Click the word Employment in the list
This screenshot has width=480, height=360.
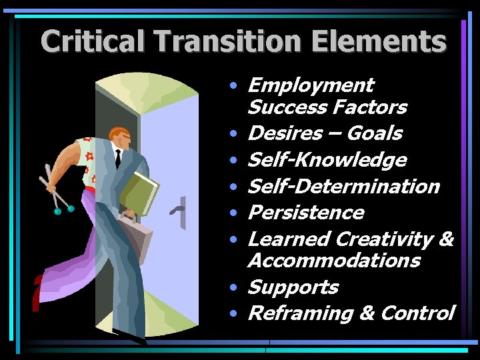click(x=310, y=86)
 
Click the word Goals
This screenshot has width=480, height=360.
click(x=375, y=133)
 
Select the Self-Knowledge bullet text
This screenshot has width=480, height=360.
click(x=327, y=160)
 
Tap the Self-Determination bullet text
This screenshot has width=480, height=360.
click(x=343, y=186)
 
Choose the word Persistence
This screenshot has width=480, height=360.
click(x=305, y=213)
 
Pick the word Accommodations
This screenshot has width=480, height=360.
click(x=333, y=260)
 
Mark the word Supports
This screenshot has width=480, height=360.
click(x=293, y=287)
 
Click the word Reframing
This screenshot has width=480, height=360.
click(x=297, y=313)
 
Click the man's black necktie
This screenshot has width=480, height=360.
click(x=118, y=158)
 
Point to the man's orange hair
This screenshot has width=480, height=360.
click(x=117, y=132)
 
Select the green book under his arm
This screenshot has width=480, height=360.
click(x=141, y=192)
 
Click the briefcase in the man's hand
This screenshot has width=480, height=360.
click(x=137, y=237)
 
